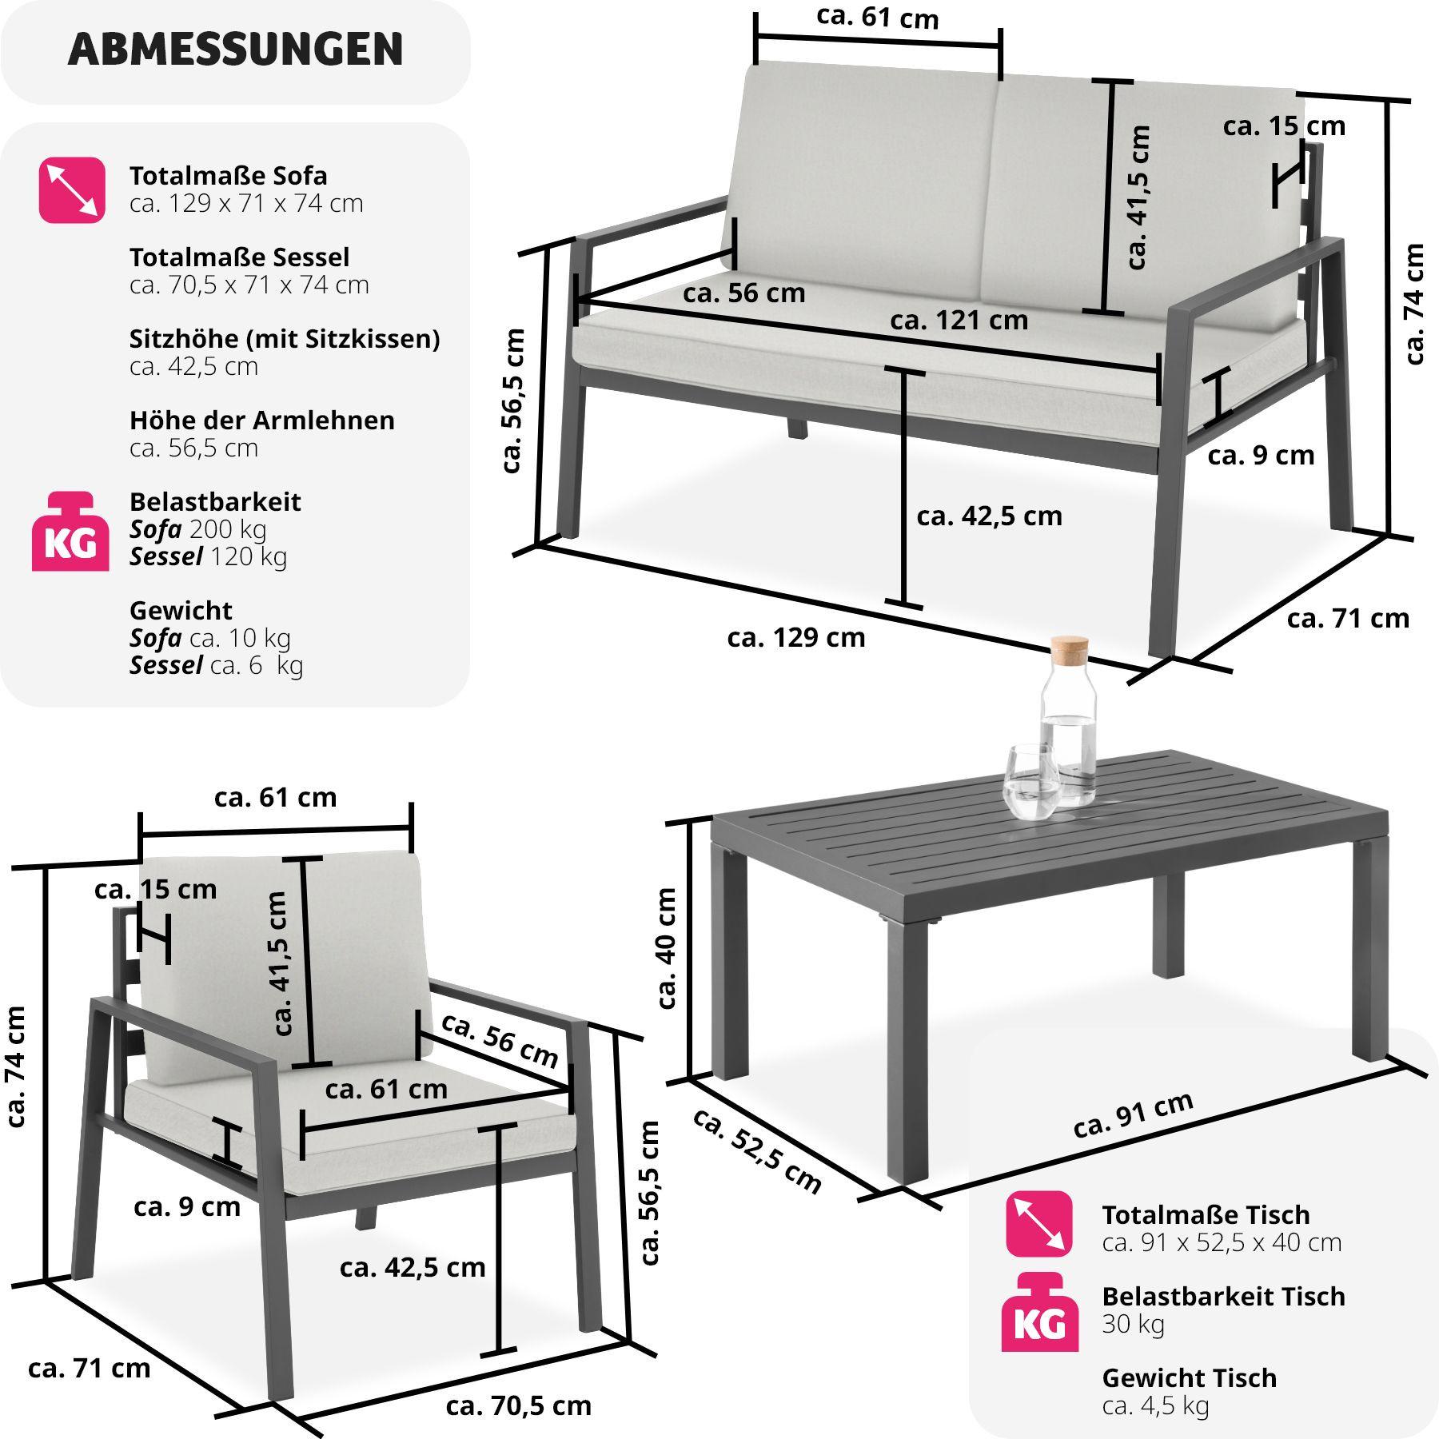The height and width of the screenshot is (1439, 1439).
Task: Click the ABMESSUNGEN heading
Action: pos(236,50)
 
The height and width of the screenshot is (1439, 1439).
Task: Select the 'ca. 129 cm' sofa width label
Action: pos(796,638)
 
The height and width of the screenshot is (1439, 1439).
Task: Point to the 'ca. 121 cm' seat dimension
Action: pos(959,320)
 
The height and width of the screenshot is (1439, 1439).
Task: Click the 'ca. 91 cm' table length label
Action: pos(1134,1115)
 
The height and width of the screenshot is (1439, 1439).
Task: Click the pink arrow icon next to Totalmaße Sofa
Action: pos(72,190)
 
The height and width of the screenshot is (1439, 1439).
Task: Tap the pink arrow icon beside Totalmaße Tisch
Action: pos(1039,1223)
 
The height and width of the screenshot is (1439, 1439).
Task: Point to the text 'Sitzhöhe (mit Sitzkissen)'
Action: pos(285,339)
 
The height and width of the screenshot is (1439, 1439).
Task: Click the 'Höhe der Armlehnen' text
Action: pos(261,421)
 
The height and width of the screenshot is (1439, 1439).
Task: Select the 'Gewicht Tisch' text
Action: pos(1189,1377)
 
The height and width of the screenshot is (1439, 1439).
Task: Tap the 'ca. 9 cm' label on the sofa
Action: pos(1261,455)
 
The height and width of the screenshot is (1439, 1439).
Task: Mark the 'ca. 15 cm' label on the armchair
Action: pos(155,889)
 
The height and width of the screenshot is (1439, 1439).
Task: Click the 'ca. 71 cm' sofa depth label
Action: pos(1348,618)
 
